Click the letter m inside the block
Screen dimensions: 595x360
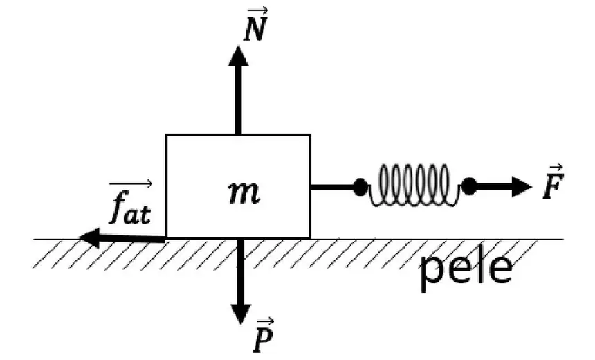244,192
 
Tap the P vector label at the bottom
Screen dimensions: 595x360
264,335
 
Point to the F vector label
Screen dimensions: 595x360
553,181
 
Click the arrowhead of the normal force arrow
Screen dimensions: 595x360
238,56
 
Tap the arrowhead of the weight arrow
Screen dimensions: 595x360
241,314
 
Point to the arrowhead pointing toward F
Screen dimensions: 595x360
522,187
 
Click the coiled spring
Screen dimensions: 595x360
414,186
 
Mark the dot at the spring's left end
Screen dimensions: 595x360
360,187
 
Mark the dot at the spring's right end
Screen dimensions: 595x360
469,186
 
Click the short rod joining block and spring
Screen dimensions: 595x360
332,187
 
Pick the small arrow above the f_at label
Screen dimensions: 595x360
131,184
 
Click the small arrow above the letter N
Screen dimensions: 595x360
257,10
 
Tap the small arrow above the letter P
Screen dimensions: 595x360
264,322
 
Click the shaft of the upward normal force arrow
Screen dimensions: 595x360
238,100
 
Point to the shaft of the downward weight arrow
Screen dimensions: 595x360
241,271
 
